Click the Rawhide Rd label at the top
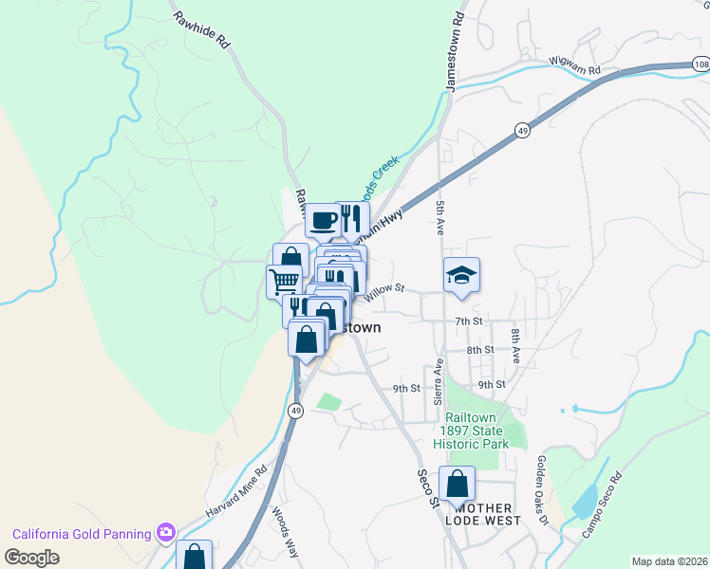[x=201, y=29]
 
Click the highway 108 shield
[x=701, y=64]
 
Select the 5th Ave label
[x=440, y=217]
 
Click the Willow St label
[x=386, y=287]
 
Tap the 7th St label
[x=469, y=321]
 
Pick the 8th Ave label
[x=515, y=346]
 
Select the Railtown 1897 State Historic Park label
[x=472, y=430]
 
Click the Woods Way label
[x=286, y=527]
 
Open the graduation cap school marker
[x=462, y=275]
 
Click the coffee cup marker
[x=323, y=220]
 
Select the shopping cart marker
[x=284, y=281]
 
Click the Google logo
[x=31, y=557]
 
